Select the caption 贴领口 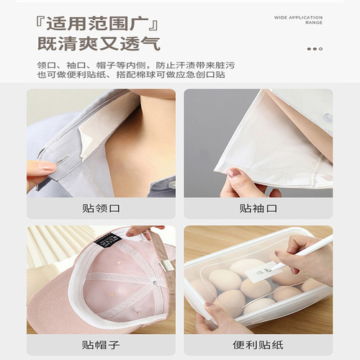click(101, 209)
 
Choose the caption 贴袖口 click(258, 209)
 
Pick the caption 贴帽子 click(101, 344)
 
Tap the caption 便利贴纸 click(258, 344)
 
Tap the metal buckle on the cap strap click(167, 267)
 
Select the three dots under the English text click(315, 49)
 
